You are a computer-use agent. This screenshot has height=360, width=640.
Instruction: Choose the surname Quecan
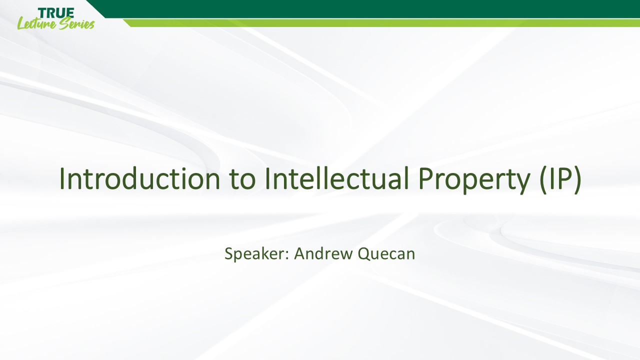(386, 254)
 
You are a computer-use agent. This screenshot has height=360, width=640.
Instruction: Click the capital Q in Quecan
(364, 254)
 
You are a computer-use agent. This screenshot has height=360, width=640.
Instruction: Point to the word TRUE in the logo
(55, 12)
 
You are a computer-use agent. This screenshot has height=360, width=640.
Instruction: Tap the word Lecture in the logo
(36, 23)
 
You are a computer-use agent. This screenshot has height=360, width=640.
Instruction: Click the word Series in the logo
(76, 23)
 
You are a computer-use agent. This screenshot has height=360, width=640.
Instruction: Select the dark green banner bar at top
(370, 8)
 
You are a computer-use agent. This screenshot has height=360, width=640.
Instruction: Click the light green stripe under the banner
(380, 23)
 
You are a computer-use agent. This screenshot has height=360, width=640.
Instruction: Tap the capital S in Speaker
(229, 253)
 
